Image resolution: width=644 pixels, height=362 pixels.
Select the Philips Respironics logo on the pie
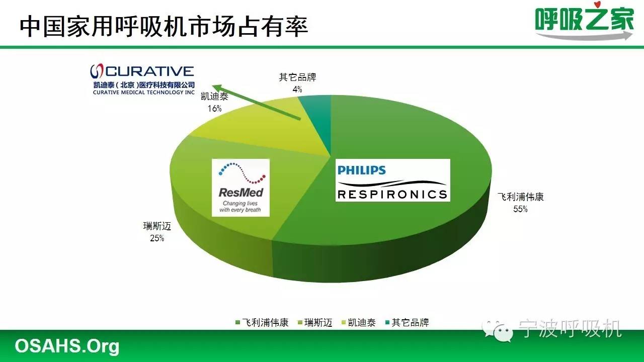coord(392,180)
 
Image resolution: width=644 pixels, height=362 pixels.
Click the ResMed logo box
coord(240,188)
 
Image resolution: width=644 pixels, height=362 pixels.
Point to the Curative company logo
coord(142,79)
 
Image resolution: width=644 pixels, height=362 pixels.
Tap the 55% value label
coord(520,209)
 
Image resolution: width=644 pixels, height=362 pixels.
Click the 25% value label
coord(157,238)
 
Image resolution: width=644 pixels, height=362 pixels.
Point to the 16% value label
coord(214,108)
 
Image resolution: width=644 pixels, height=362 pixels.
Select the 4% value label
coord(297,89)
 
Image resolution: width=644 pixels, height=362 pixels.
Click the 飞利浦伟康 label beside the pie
coord(520,197)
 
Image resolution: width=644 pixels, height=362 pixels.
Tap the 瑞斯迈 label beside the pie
coord(157,227)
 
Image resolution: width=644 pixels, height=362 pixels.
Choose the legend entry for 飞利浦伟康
coord(261,323)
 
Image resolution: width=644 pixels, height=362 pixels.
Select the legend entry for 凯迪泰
coord(358,323)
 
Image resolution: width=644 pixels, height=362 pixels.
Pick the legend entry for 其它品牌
coord(406,323)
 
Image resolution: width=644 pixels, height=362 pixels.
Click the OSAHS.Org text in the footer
coord(66,346)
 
